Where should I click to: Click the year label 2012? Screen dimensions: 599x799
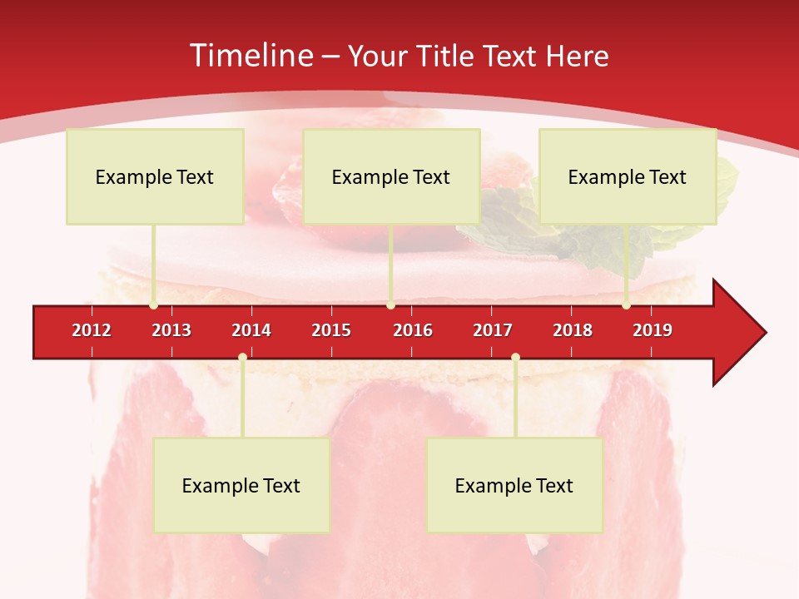pos(92,330)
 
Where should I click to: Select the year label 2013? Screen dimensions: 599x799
pos(171,330)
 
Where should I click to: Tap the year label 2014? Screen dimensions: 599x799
pos(251,330)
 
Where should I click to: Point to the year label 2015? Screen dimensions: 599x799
pos(331,330)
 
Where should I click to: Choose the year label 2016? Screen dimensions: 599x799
pos(413,330)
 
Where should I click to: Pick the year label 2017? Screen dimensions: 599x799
pos(493,330)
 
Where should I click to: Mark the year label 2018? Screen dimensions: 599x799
pos(573,330)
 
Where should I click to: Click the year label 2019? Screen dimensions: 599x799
pos(653,330)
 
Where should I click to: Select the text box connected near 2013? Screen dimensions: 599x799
pos(155,176)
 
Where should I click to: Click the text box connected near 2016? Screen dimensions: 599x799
pos(391,176)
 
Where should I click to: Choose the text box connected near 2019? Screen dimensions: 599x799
pos(628,176)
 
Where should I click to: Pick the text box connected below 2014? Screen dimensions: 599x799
pos(241,485)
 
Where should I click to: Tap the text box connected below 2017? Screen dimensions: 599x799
pos(514,485)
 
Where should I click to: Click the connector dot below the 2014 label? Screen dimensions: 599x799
pos(242,358)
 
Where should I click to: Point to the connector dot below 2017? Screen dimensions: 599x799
pos(515,358)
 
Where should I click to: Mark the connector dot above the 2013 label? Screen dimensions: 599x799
pos(153,305)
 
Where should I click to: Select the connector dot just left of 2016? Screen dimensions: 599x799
pos(390,305)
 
